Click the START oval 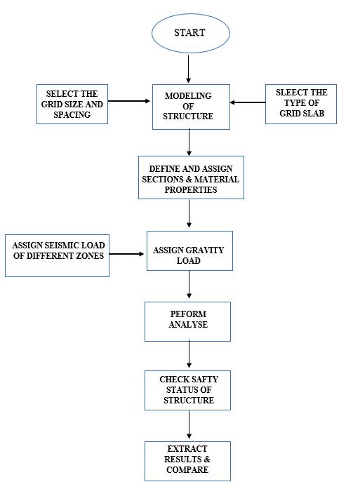191,33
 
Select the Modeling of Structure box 191,107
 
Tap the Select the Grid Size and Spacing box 72,104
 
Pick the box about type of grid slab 301,104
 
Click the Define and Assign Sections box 191,177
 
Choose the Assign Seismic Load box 58,255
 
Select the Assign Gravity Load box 189,250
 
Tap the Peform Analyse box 187,321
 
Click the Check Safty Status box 187,390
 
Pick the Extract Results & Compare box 187,461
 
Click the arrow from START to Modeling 189,69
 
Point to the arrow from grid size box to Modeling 129,101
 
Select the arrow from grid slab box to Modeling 248,102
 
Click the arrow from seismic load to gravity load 126,254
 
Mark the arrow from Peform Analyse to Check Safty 189,354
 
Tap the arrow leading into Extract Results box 189,424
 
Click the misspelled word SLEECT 288,93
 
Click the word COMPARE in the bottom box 187,470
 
